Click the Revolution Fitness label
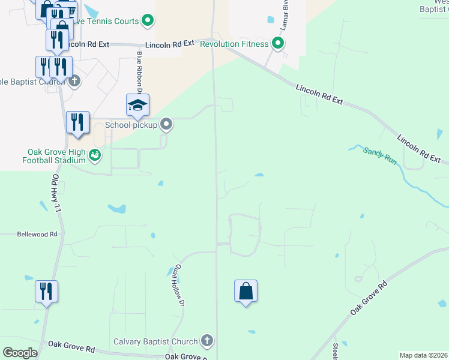pyautogui.click(x=234, y=44)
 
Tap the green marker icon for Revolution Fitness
pyautogui.click(x=277, y=43)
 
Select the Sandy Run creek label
pyautogui.click(x=380, y=156)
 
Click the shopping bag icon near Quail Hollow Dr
pyautogui.click(x=246, y=292)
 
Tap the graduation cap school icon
pyautogui.click(x=137, y=106)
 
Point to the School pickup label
pyautogui.click(x=131, y=125)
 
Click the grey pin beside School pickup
pyautogui.click(x=167, y=125)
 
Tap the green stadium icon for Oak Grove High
pyautogui.click(x=95, y=156)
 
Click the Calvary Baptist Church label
pyautogui.click(x=156, y=341)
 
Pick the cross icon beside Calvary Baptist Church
pyautogui.click(x=207, y=341)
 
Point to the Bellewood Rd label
pyautogui.click(x=37, y=234)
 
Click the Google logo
pyautogui.click(x=20, y=352)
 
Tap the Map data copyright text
pyautogui.click(x=423, y=355)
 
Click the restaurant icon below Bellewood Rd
pyautogui.click(x=46, y=292)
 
